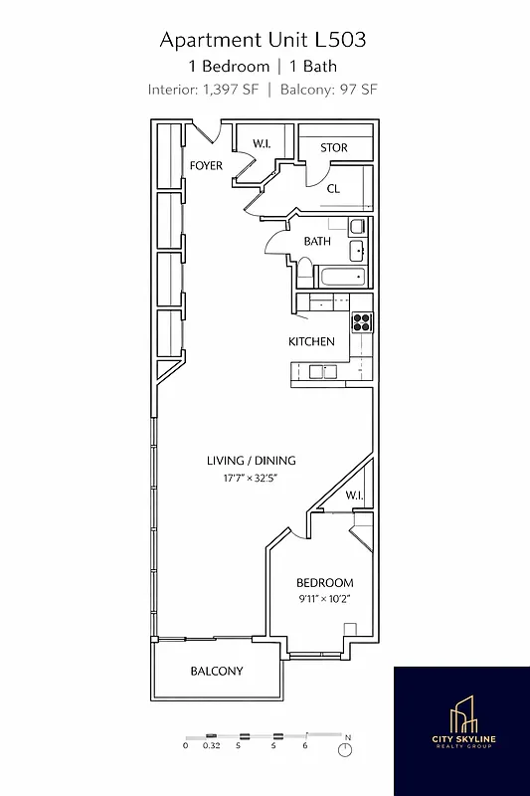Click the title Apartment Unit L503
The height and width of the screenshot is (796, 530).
click(264, 40)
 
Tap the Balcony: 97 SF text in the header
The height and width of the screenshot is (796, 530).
click(329, 89)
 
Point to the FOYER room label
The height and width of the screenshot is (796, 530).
click(206, 165)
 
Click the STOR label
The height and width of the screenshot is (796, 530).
click(334, 148)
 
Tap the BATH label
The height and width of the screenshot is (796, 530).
click(317, 241)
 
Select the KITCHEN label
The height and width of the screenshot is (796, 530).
click(311, 341)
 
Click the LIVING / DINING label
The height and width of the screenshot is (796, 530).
click(251, 461)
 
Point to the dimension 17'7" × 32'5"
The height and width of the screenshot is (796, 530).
click(251, 479)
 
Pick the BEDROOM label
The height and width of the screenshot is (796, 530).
click(325, 582)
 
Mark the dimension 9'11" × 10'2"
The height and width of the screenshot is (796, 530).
click(325, 599)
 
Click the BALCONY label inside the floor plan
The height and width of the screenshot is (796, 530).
click(216, 671)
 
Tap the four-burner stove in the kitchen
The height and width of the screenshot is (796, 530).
click(361, 322)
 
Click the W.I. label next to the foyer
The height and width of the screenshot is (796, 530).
click(262, 143)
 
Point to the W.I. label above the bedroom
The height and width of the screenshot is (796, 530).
click(355, 496)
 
